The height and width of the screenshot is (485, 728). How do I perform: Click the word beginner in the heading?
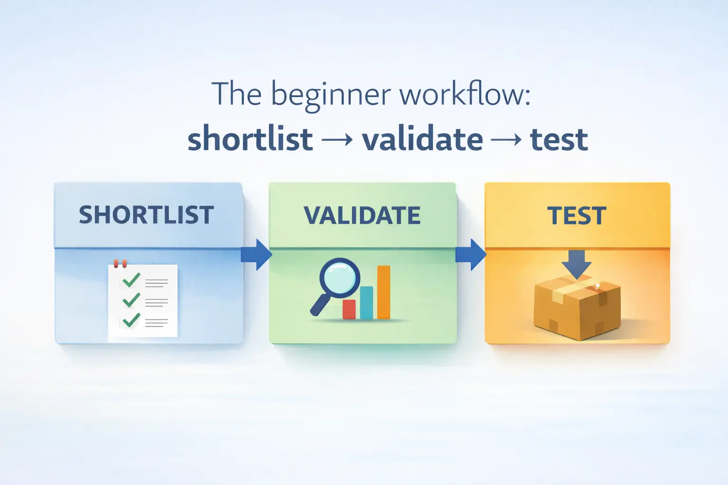coord(331,95)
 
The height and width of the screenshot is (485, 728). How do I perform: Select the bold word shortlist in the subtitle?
coord(250,139)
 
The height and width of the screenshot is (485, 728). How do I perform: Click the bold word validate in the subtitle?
coord(422,139)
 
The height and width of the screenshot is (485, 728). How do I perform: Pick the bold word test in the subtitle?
coord(559,139)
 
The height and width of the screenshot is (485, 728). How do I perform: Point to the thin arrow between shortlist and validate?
coord(337,140)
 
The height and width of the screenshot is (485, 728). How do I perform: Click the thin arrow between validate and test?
coord(507,140)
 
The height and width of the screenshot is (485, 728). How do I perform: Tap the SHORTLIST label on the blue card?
coord(146,215)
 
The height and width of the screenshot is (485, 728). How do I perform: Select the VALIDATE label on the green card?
coord(362,216)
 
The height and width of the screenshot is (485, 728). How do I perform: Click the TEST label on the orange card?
coord(577,216)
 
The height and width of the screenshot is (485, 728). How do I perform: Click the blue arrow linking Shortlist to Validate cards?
coord(256,254)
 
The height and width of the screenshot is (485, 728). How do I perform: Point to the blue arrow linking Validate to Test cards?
coord(471,254)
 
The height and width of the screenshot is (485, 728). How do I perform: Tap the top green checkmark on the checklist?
coord(131,280)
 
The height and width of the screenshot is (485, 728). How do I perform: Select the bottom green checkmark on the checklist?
coord(131,320)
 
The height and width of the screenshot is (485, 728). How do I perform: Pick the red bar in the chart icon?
coord(349,309)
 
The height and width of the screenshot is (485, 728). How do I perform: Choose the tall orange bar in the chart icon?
coord(383,292)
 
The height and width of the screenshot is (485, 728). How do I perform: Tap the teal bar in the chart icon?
coord(366,303)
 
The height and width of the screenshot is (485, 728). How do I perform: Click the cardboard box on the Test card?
coord(577,308)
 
